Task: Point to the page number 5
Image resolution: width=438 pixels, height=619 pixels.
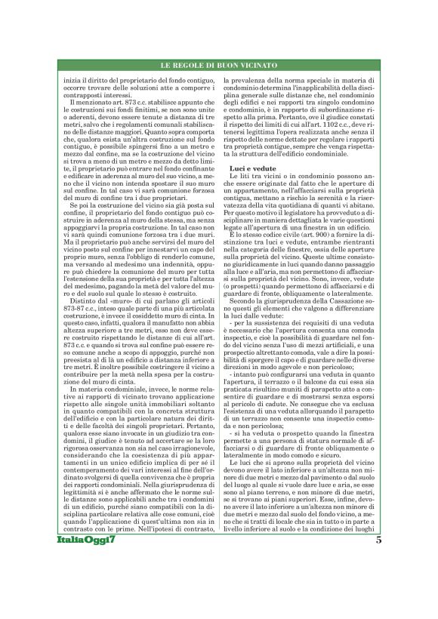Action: [x=378, y=581]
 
